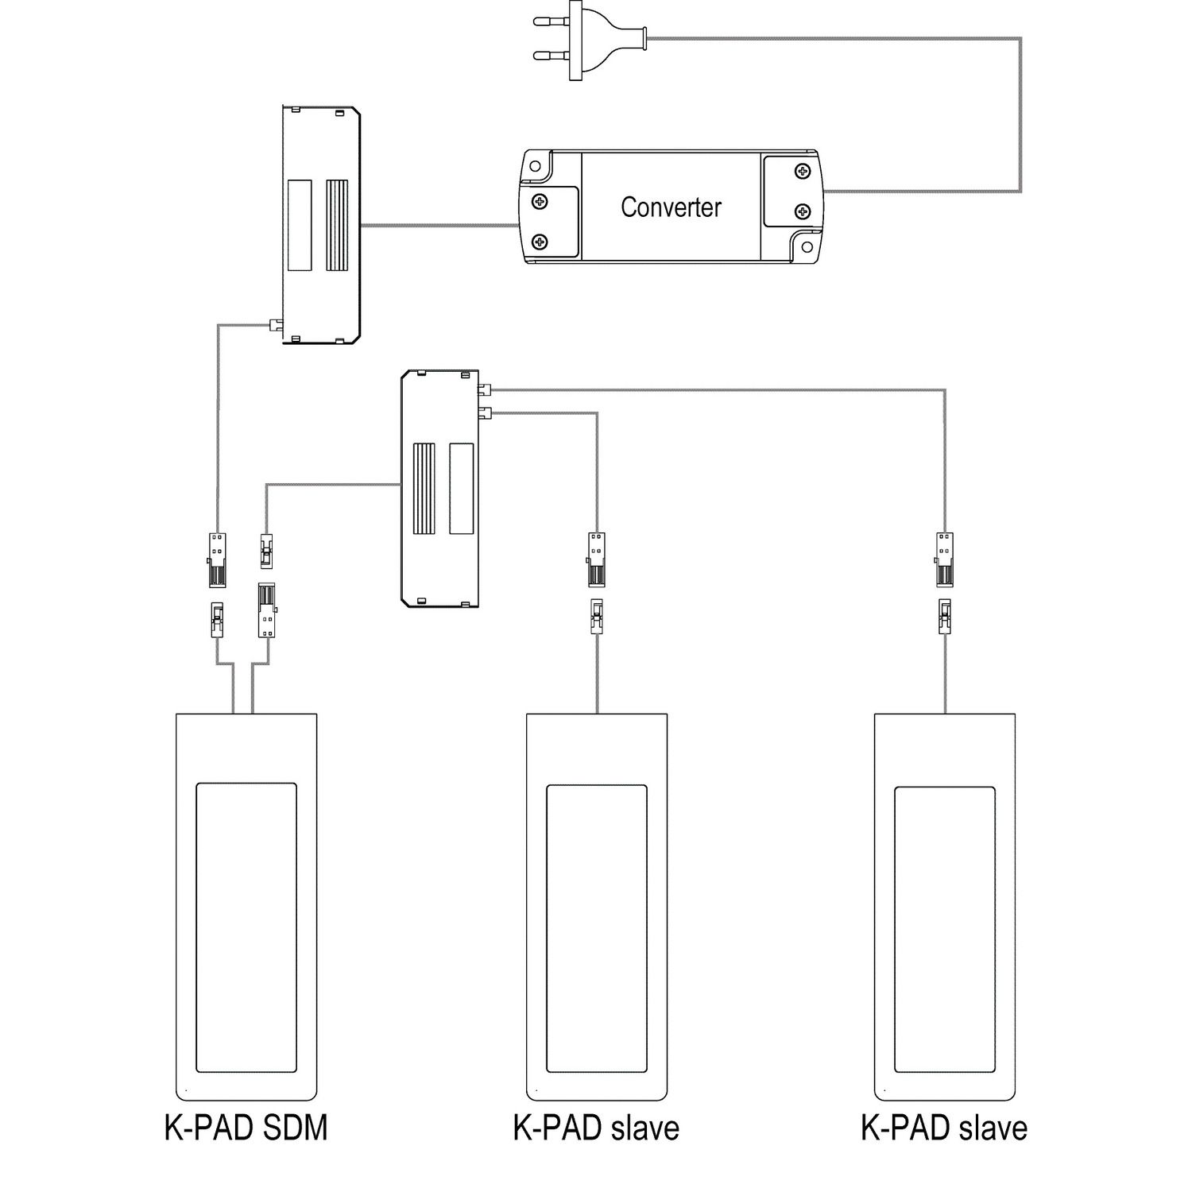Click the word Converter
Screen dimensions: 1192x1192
tap(671, 207)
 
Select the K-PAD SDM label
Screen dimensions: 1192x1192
tap(246, 1128)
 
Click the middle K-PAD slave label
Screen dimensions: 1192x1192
tap(596, 1128)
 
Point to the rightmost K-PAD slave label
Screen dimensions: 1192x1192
tap(944, 1128)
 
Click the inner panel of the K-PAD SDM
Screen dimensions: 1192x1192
tap(246, 927)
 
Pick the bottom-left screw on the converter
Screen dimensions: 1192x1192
tap(540, 241)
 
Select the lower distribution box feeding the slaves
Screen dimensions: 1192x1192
tap(440, 489)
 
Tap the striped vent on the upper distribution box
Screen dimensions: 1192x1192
tap(337, 225)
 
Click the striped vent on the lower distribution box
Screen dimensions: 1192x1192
tap(424, 489)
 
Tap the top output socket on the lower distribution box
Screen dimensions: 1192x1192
tap(485, 389)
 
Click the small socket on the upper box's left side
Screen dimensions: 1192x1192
tap(275, 324)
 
